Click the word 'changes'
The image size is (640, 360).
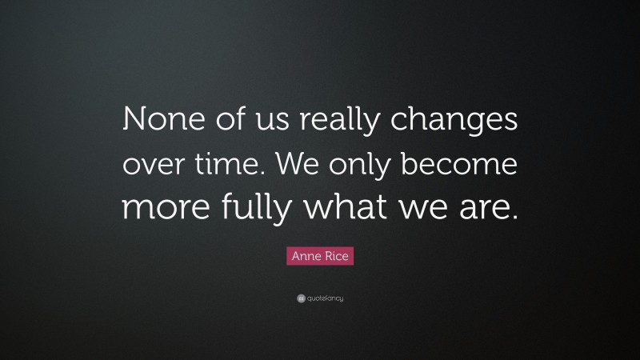point(459,124)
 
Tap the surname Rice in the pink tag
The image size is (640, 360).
point(339,257)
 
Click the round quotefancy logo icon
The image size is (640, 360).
point(300,298)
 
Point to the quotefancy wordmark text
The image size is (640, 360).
point(325,298)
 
